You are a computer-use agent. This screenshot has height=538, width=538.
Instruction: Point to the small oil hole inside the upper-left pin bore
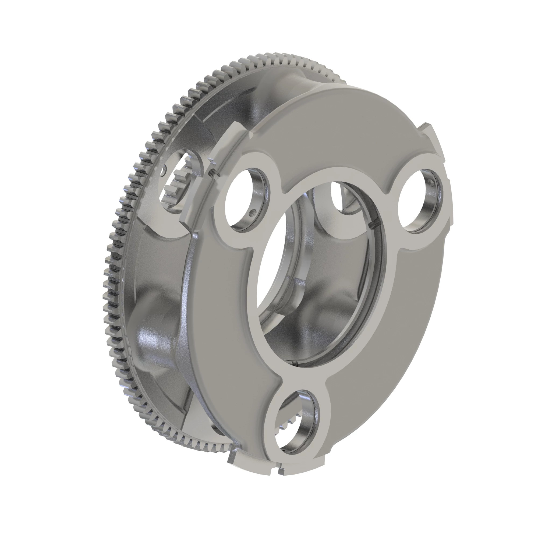click(253, 213)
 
